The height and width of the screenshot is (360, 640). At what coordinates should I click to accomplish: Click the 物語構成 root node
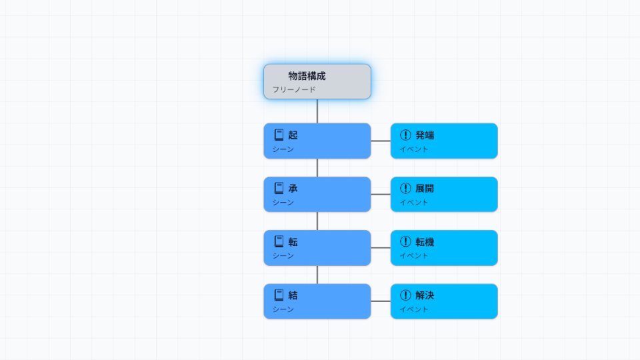tap(317, 81)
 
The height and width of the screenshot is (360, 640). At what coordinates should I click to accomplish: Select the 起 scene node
tap(317, 141)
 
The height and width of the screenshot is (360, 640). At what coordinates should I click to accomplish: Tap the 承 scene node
tap(317, 194)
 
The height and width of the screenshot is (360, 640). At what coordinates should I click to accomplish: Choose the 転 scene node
tap(317, 248)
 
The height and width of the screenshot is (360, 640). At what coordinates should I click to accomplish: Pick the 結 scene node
tap(317, 301)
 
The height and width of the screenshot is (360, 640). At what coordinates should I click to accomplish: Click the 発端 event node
tap(444, 141)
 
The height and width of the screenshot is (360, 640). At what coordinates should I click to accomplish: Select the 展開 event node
tap(444, 194)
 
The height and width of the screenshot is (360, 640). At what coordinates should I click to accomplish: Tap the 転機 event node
tap(444, 248)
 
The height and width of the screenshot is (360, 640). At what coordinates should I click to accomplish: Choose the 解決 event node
tap(444, 301)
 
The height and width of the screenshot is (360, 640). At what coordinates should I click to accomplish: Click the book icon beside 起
tap(279, 135)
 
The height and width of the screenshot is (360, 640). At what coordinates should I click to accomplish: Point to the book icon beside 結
tap(279, 295)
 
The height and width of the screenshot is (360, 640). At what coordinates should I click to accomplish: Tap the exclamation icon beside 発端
tap(405, 135)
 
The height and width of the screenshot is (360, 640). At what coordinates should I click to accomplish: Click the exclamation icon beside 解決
tap(405, 295)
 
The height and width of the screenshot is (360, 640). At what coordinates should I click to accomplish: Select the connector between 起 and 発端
tap(381, 141)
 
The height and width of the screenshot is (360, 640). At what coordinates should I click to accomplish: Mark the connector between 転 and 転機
tap(381, 248)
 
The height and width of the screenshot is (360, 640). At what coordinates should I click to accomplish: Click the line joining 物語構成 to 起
tap(317, 111)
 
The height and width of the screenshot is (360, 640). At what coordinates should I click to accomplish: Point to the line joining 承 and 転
tap(317, 221)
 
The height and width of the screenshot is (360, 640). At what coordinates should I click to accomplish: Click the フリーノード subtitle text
tap(294, 89)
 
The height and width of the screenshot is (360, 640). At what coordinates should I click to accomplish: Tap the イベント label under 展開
tap(414, 203)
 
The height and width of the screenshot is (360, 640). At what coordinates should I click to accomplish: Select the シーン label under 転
tap(283, 256)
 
